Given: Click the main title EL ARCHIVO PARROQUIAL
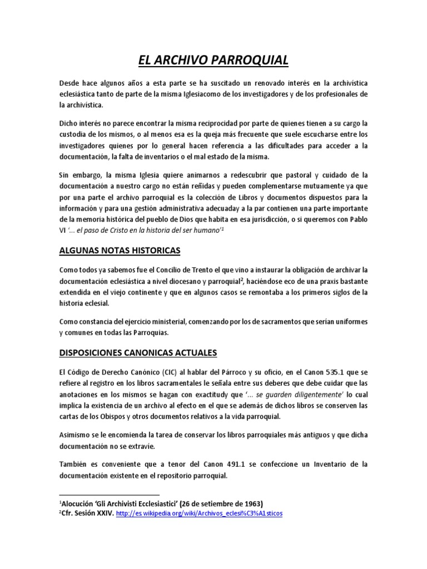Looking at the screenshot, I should [213, 59].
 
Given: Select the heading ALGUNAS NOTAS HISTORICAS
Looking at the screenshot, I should [120, 251].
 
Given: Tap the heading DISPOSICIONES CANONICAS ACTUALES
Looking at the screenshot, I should [138, 353].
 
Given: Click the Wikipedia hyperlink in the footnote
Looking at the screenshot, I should [205, 513].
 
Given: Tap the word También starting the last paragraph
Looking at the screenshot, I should [75, 463].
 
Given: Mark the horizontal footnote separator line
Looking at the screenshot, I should [109, 494].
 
